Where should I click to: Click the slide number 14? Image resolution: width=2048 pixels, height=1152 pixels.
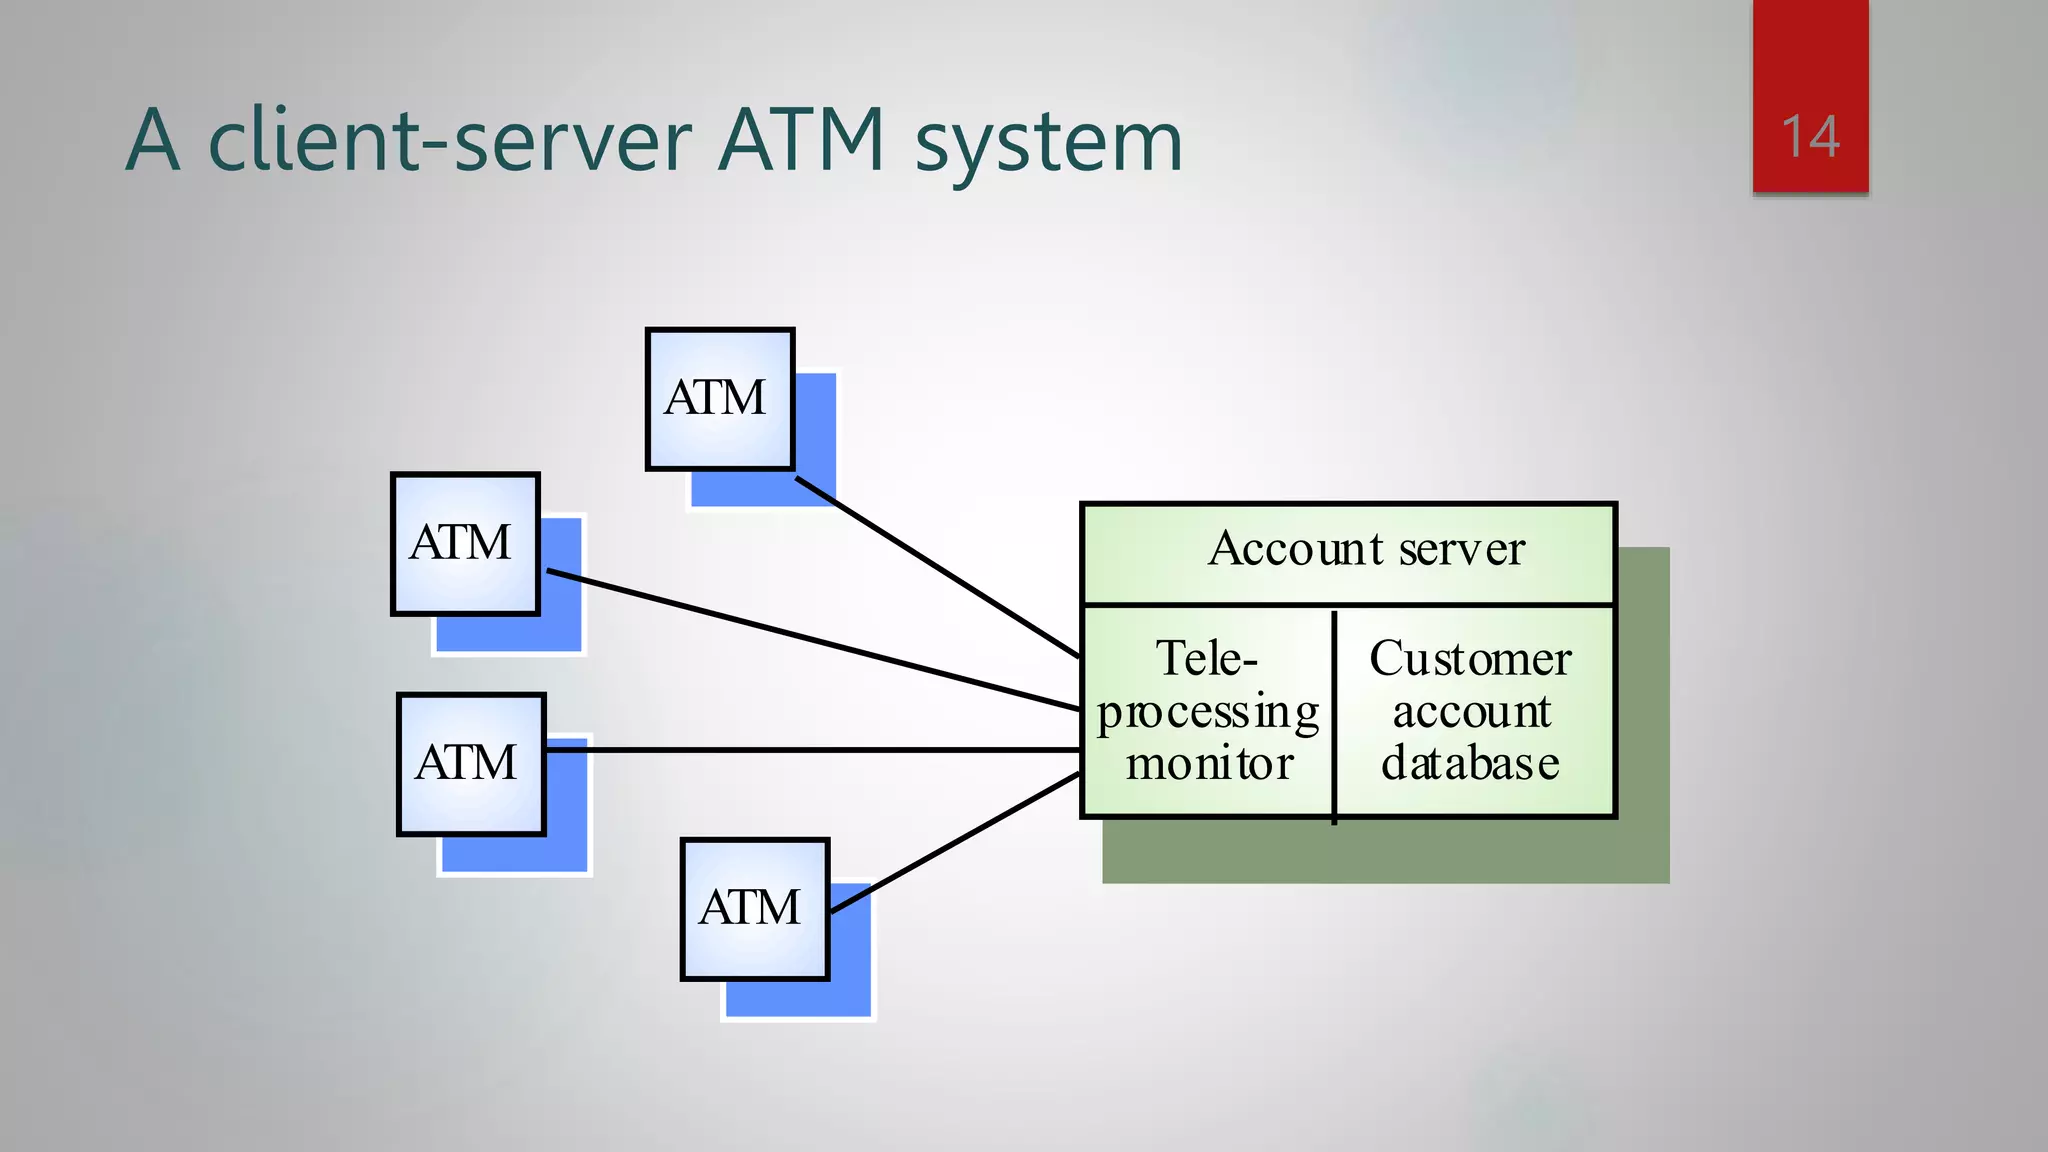tap(1810, 137)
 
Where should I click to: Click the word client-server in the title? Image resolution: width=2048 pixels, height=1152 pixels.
tap(449, 140)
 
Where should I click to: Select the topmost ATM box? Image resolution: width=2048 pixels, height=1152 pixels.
tap(719, 398)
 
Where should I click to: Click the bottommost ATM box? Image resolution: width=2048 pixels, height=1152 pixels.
tap(754, 908)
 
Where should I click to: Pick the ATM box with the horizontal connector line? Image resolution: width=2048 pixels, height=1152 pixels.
tap(470, 763)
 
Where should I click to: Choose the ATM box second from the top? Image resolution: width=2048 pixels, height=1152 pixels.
tap(464, 543)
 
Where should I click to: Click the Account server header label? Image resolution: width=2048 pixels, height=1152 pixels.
tap(1365, 549)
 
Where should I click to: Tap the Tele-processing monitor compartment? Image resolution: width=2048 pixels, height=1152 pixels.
tap(1208, 711)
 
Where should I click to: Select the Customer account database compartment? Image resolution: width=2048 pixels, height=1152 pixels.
tap(1472, 711)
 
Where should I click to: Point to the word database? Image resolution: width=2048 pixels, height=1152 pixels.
tap(1470, 764)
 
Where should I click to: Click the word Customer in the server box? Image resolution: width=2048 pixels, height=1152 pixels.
tap(1470, 659)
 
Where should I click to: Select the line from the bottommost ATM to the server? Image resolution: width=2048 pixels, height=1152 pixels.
tap(955, 843)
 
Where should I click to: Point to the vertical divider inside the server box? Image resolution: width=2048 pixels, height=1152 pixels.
tap(1334, 715)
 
